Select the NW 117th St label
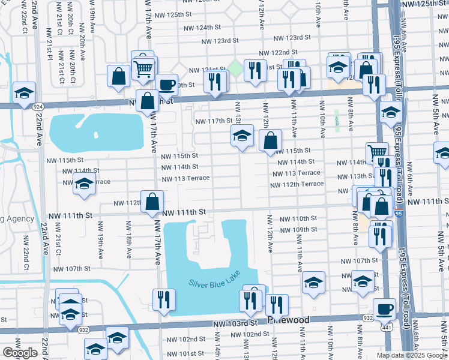pos(214,121)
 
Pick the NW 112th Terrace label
pos(297,184)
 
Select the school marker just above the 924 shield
pos(25,93)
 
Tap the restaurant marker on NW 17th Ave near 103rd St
pos(163,299)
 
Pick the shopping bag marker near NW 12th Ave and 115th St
pos(271,141)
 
